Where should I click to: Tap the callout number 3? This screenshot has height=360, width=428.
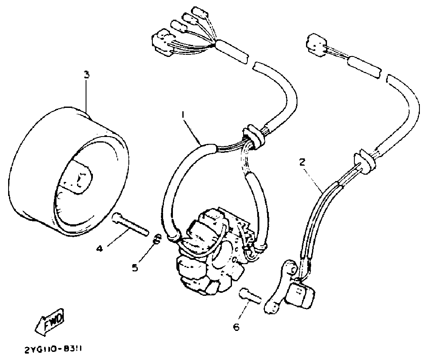(x=86, y=74)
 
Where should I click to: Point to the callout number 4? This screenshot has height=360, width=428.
(x=99, y=247)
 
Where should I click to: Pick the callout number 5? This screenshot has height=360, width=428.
(x=134, y=268)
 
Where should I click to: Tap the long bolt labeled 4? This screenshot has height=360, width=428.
(x=129, y=224)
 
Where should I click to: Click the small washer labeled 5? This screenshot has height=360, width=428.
(x=157, y=239)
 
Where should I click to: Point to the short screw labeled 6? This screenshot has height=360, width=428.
(x=250, y=295)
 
